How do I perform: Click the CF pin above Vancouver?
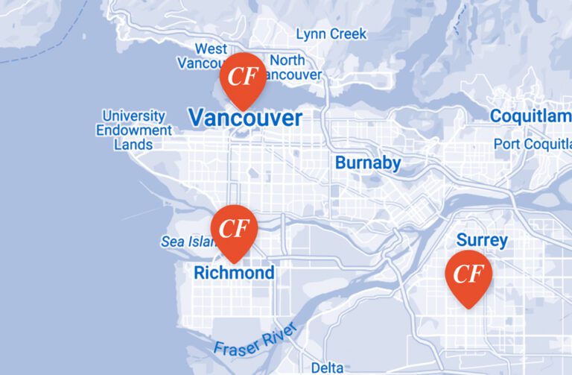[241, 78]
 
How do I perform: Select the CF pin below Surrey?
[468, 275]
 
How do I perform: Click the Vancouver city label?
[245, 118]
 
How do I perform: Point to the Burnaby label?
[368, 163]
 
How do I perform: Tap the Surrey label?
[482, 240]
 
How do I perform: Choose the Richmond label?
[234, 273]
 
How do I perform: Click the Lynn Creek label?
[331, 34]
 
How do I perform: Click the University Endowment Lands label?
[134, 130]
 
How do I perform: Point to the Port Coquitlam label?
[532, 144]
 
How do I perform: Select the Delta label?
[328, 368]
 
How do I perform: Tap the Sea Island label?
[186, 242]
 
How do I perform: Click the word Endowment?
[134, 130]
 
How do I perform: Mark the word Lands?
[133, 144]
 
